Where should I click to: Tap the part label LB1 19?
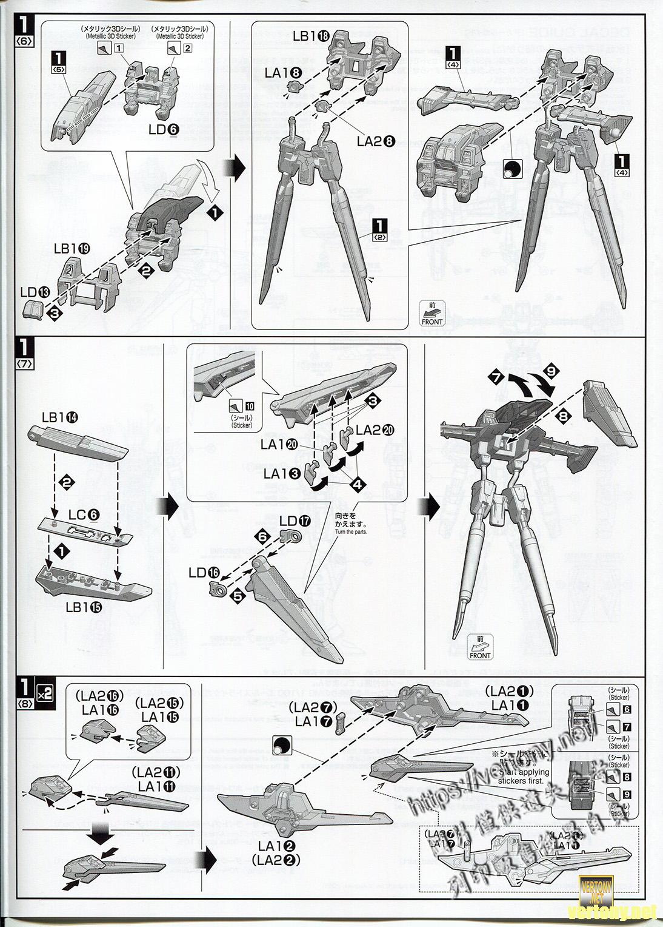click(x=72, y=248)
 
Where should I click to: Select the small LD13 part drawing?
click(x=35, y=311)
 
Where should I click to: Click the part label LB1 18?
click(x=312, y=36)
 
